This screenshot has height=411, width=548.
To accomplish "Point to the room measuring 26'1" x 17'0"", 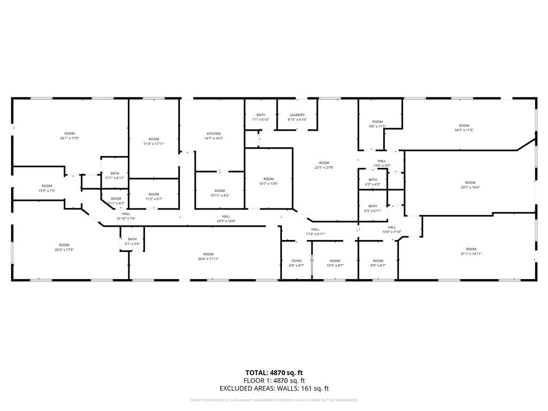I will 70,136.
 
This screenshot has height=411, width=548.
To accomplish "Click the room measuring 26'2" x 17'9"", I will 64,247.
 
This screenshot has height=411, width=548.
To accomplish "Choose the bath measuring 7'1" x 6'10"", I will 261,117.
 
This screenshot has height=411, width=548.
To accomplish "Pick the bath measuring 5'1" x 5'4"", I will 132,241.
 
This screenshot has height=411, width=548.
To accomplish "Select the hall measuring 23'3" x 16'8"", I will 226,219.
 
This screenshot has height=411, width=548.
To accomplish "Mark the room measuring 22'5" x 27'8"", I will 324,165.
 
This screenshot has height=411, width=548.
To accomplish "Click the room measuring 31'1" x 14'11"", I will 471,251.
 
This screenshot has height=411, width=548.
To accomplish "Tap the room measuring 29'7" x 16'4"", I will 470,185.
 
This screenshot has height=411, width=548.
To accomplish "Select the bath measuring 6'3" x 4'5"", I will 372,182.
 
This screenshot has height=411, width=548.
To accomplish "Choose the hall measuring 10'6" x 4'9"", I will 382,163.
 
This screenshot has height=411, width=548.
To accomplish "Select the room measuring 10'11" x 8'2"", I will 220,193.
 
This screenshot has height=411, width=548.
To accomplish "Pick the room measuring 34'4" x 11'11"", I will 208,256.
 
